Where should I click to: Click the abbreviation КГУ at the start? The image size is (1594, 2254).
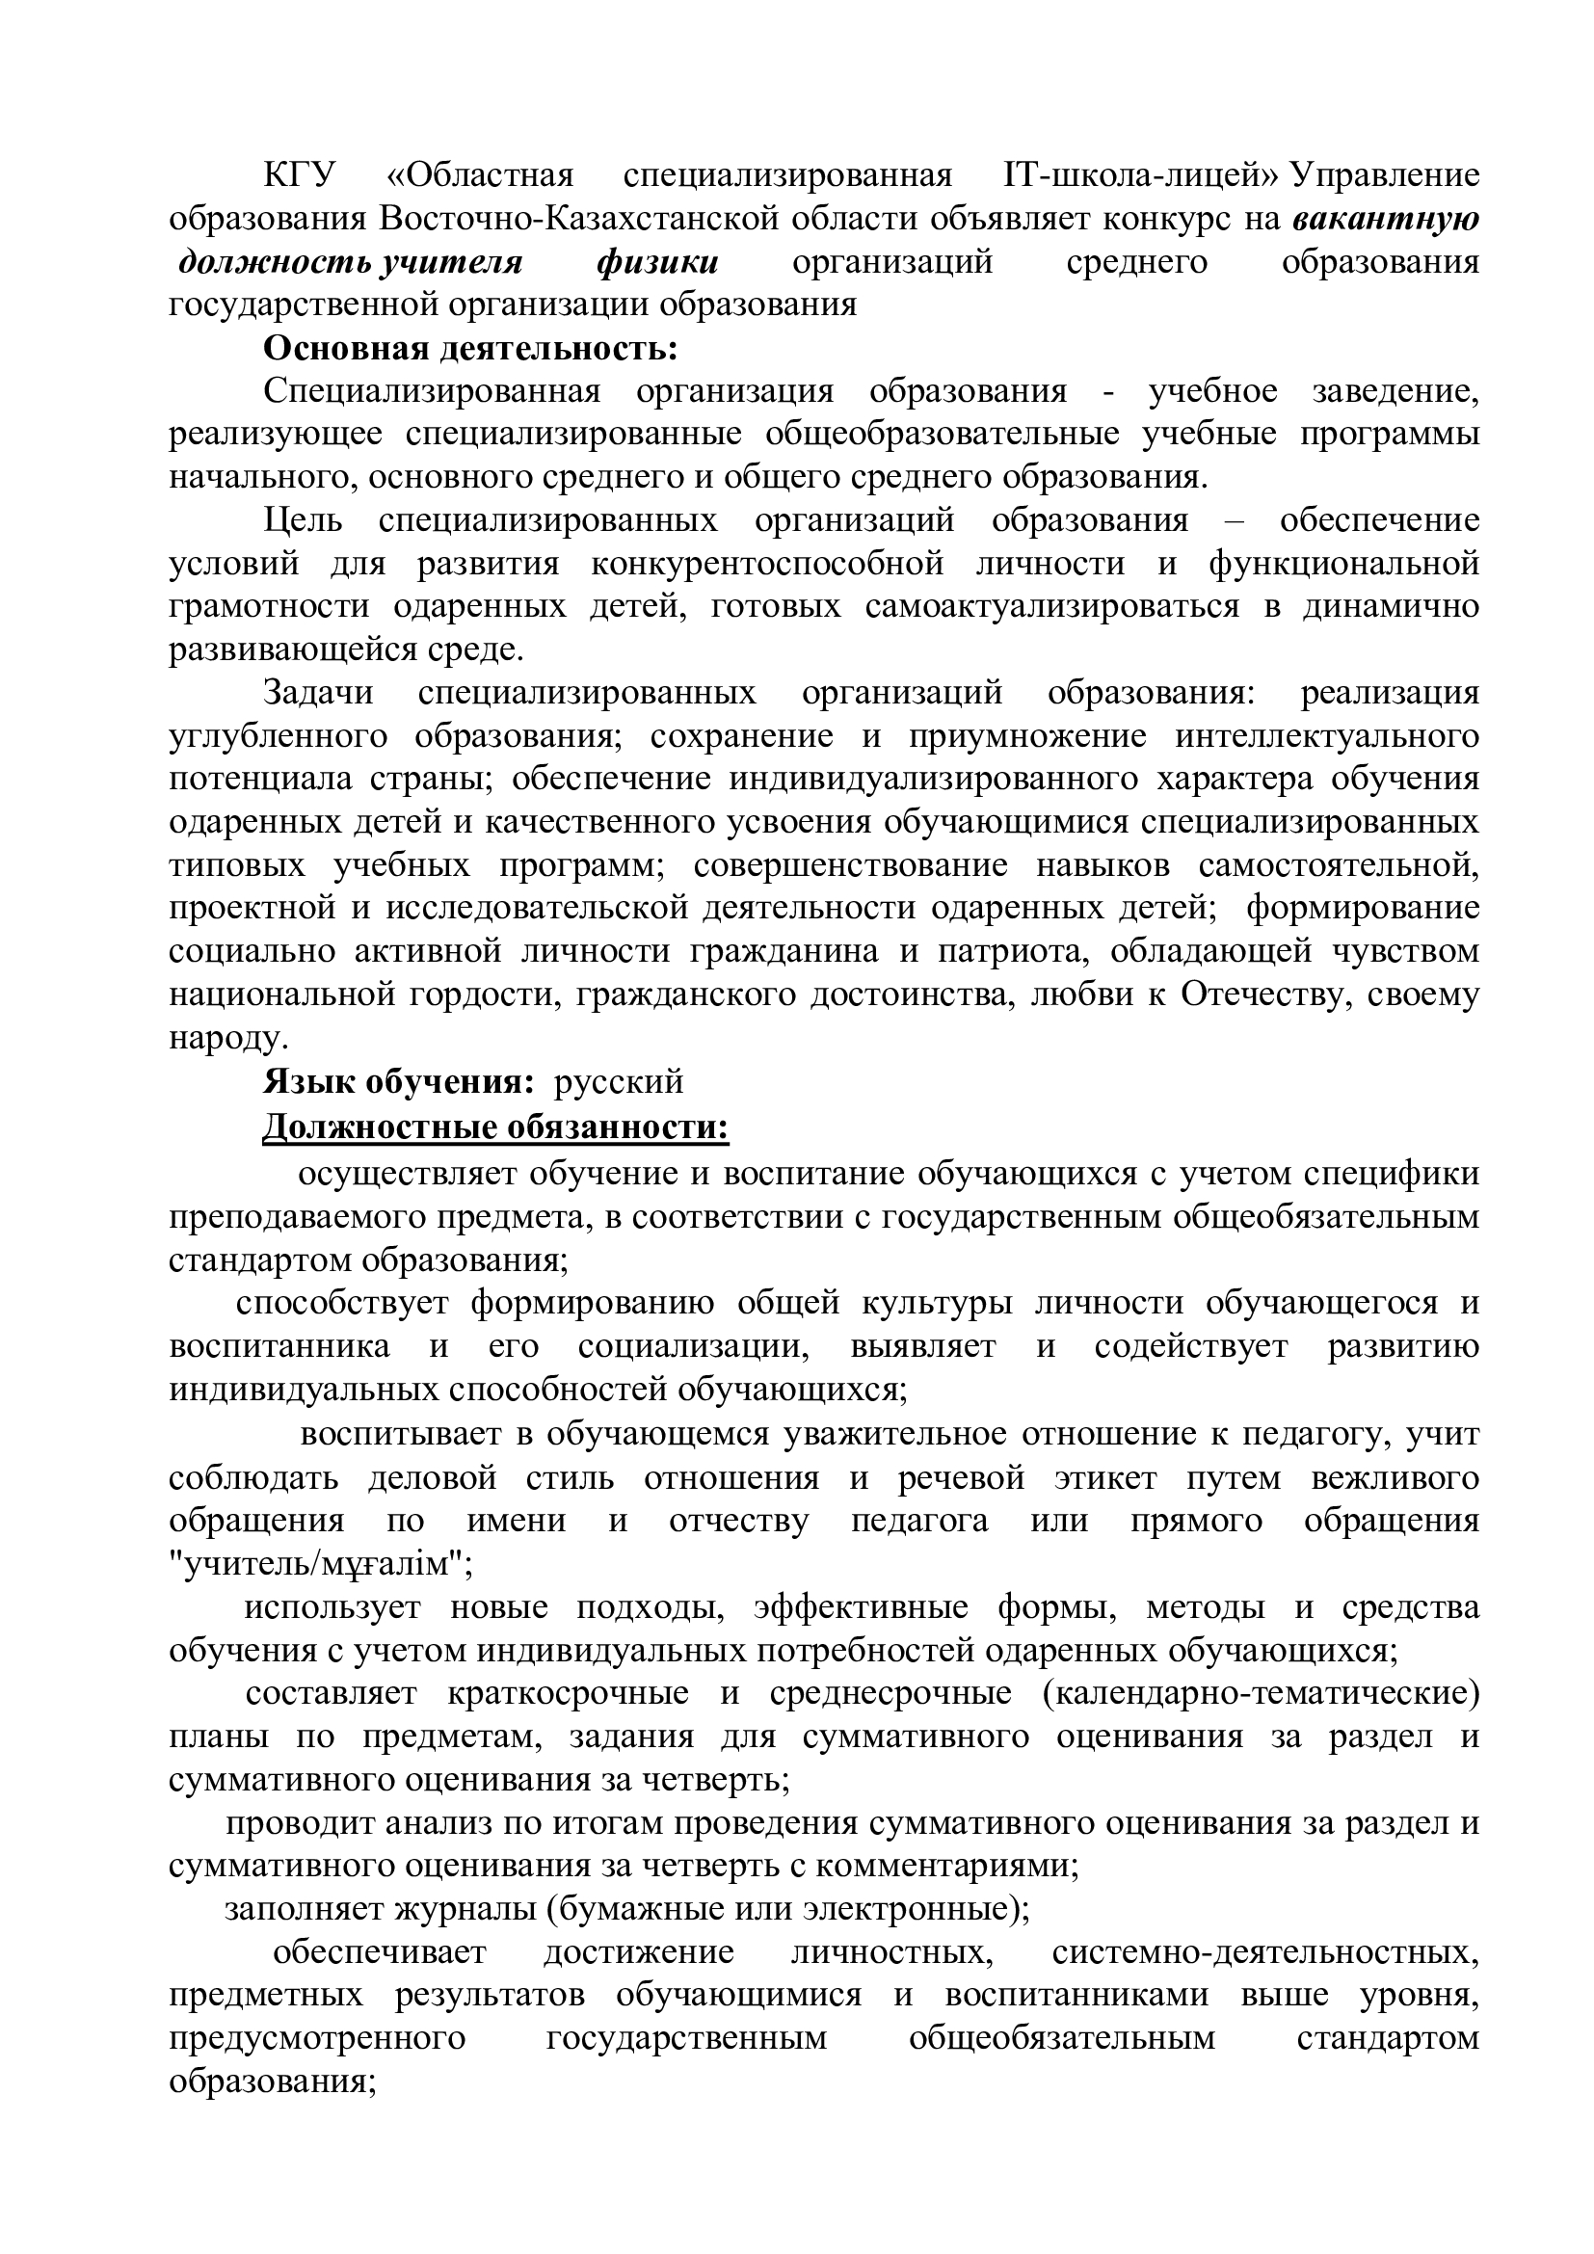[300, 175]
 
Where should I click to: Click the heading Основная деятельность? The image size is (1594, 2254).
[470, 348]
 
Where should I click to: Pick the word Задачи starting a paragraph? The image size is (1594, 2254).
[319, 692]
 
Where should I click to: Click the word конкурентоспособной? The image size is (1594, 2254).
[767, 564]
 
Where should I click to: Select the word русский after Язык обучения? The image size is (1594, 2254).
[619, 1082]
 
